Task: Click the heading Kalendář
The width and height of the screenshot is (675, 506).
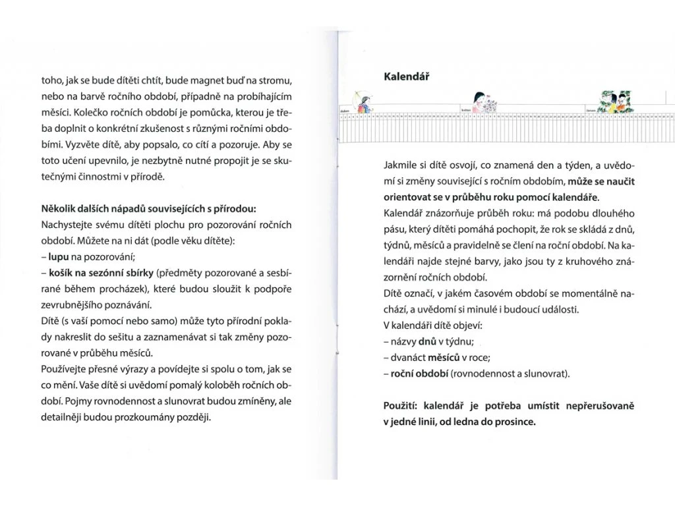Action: click(407, 76)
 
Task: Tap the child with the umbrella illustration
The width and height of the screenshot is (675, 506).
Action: click(360, 99)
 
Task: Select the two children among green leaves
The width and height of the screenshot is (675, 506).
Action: click(615, 101)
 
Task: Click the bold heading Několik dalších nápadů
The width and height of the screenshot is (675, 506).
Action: click(148, 209)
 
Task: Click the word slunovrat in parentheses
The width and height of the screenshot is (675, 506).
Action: click(546, 374)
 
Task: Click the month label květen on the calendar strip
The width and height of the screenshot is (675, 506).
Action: click(465, 110)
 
